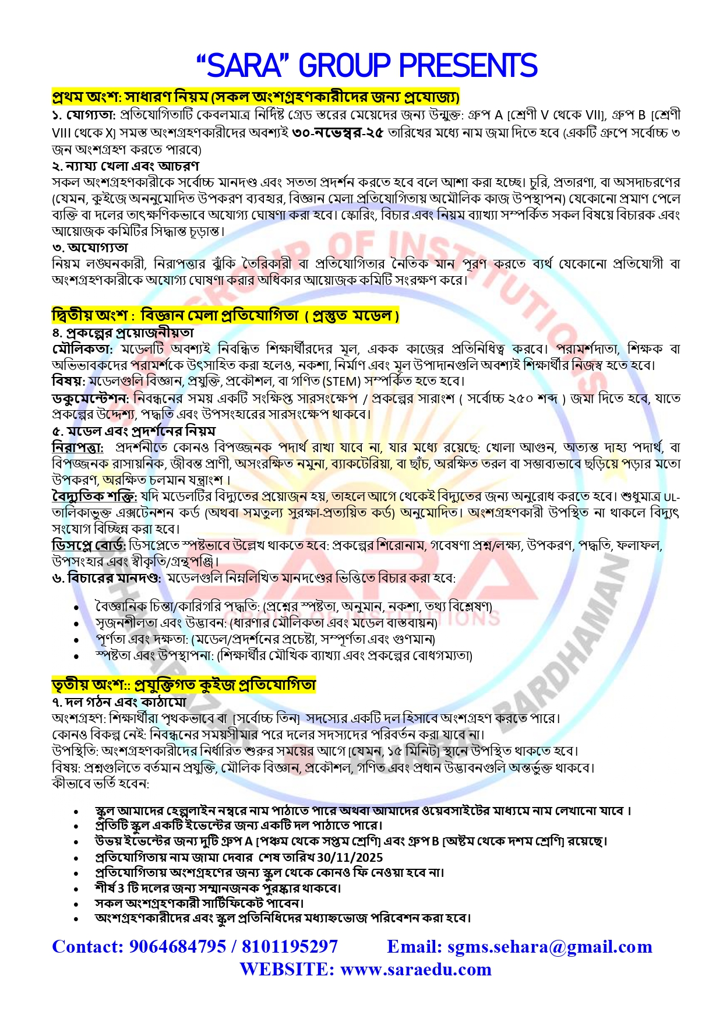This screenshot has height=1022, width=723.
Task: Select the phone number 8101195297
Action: (x=290, y=946)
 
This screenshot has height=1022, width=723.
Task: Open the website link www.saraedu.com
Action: (x=415, y=969)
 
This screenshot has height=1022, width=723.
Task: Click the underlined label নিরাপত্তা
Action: (x=77, y=447)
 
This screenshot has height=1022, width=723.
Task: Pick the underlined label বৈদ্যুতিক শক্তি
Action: (x=94, y=496)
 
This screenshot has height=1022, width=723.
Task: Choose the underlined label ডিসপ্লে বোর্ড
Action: (x=89, y=545)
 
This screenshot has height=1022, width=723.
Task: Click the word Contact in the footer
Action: (x=87, y=946)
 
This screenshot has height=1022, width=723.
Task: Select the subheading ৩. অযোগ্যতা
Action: (x=90, y=248)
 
